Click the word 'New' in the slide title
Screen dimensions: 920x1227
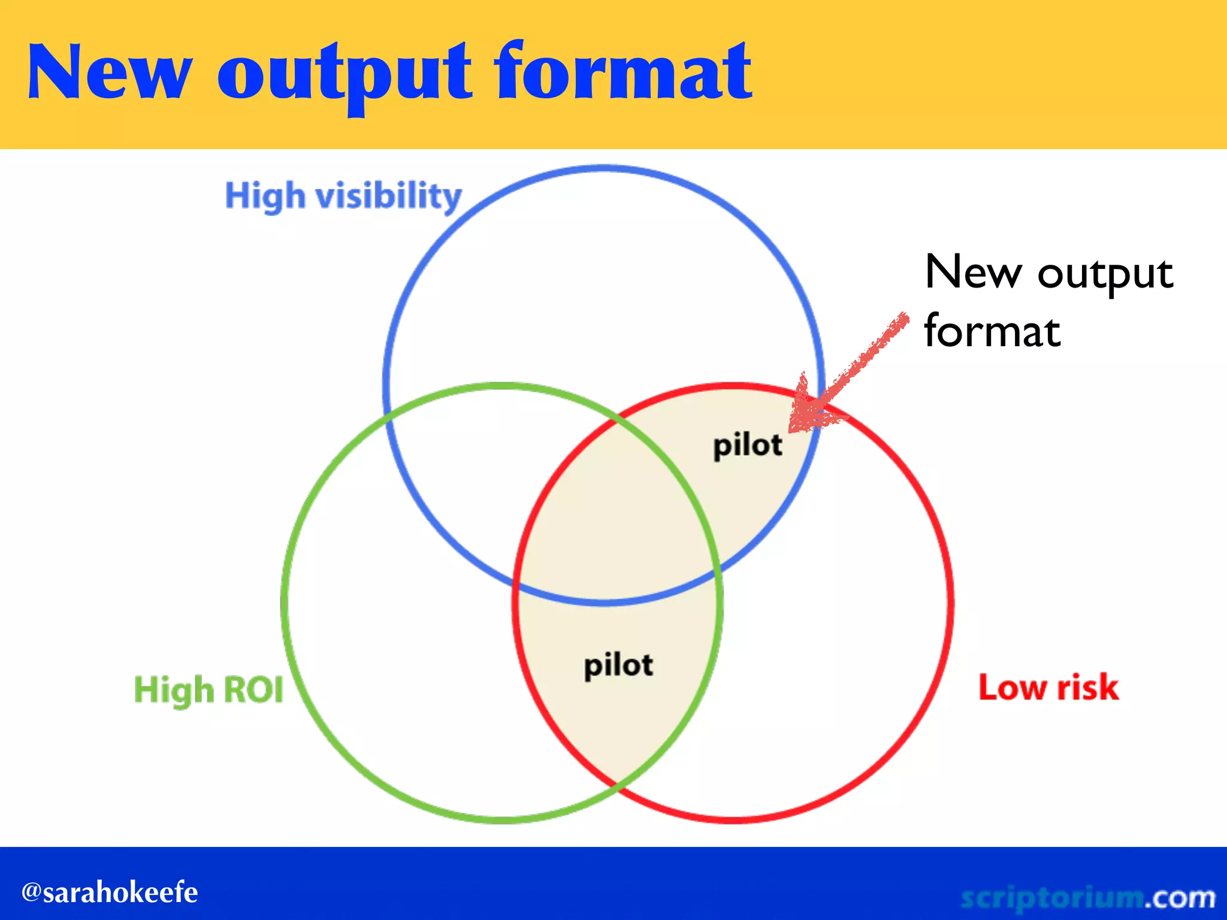109,73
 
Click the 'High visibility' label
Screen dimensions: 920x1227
343,196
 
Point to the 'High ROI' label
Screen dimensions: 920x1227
208,690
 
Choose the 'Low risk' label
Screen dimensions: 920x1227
1048,687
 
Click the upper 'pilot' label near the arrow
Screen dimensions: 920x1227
747,446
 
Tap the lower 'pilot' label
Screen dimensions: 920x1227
618,665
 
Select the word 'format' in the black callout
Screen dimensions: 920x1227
992,331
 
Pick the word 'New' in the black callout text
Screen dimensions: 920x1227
972,273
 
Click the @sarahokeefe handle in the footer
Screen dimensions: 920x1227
110,892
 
